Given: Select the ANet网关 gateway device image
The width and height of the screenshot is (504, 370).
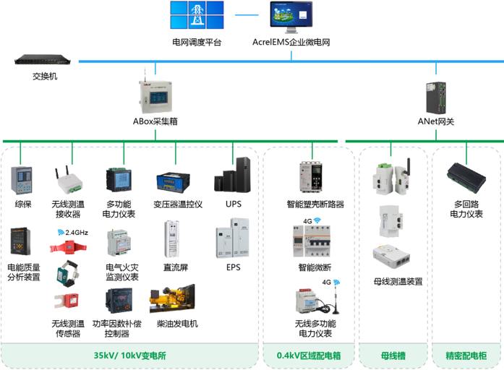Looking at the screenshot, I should tap(436, 96).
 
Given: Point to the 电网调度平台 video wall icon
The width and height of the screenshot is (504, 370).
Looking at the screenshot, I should tap(196, 17).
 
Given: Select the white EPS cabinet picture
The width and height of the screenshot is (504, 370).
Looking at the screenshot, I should tap(233, 243).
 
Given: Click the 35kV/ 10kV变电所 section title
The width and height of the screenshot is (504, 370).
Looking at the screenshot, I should tap(130, 356).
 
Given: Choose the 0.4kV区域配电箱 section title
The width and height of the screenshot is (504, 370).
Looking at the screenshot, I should tap(309, 356).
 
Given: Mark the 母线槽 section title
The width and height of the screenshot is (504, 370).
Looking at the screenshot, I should tap(393, 356).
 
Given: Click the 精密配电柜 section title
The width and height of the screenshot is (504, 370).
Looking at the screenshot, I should tap(466, 356).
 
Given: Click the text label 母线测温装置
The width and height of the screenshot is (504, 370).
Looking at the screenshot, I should tap(398, 282).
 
